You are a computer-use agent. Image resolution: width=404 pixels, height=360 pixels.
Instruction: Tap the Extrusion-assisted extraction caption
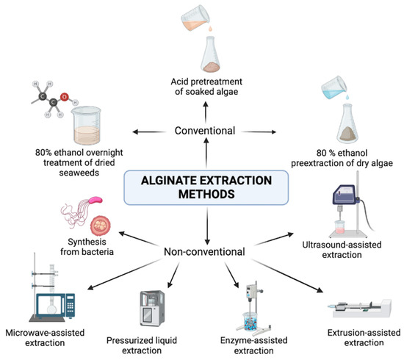(360, 338)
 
